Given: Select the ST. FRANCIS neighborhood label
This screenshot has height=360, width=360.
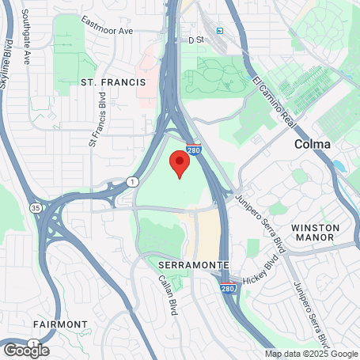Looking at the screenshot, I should coord(113,81).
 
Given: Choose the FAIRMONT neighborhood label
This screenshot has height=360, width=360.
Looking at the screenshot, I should coord(60,324).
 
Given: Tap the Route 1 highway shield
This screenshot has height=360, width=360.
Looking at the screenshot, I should coord(130,182).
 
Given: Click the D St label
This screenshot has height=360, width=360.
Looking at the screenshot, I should coord(195,38).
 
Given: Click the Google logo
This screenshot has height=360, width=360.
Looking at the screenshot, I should coord(26,349).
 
